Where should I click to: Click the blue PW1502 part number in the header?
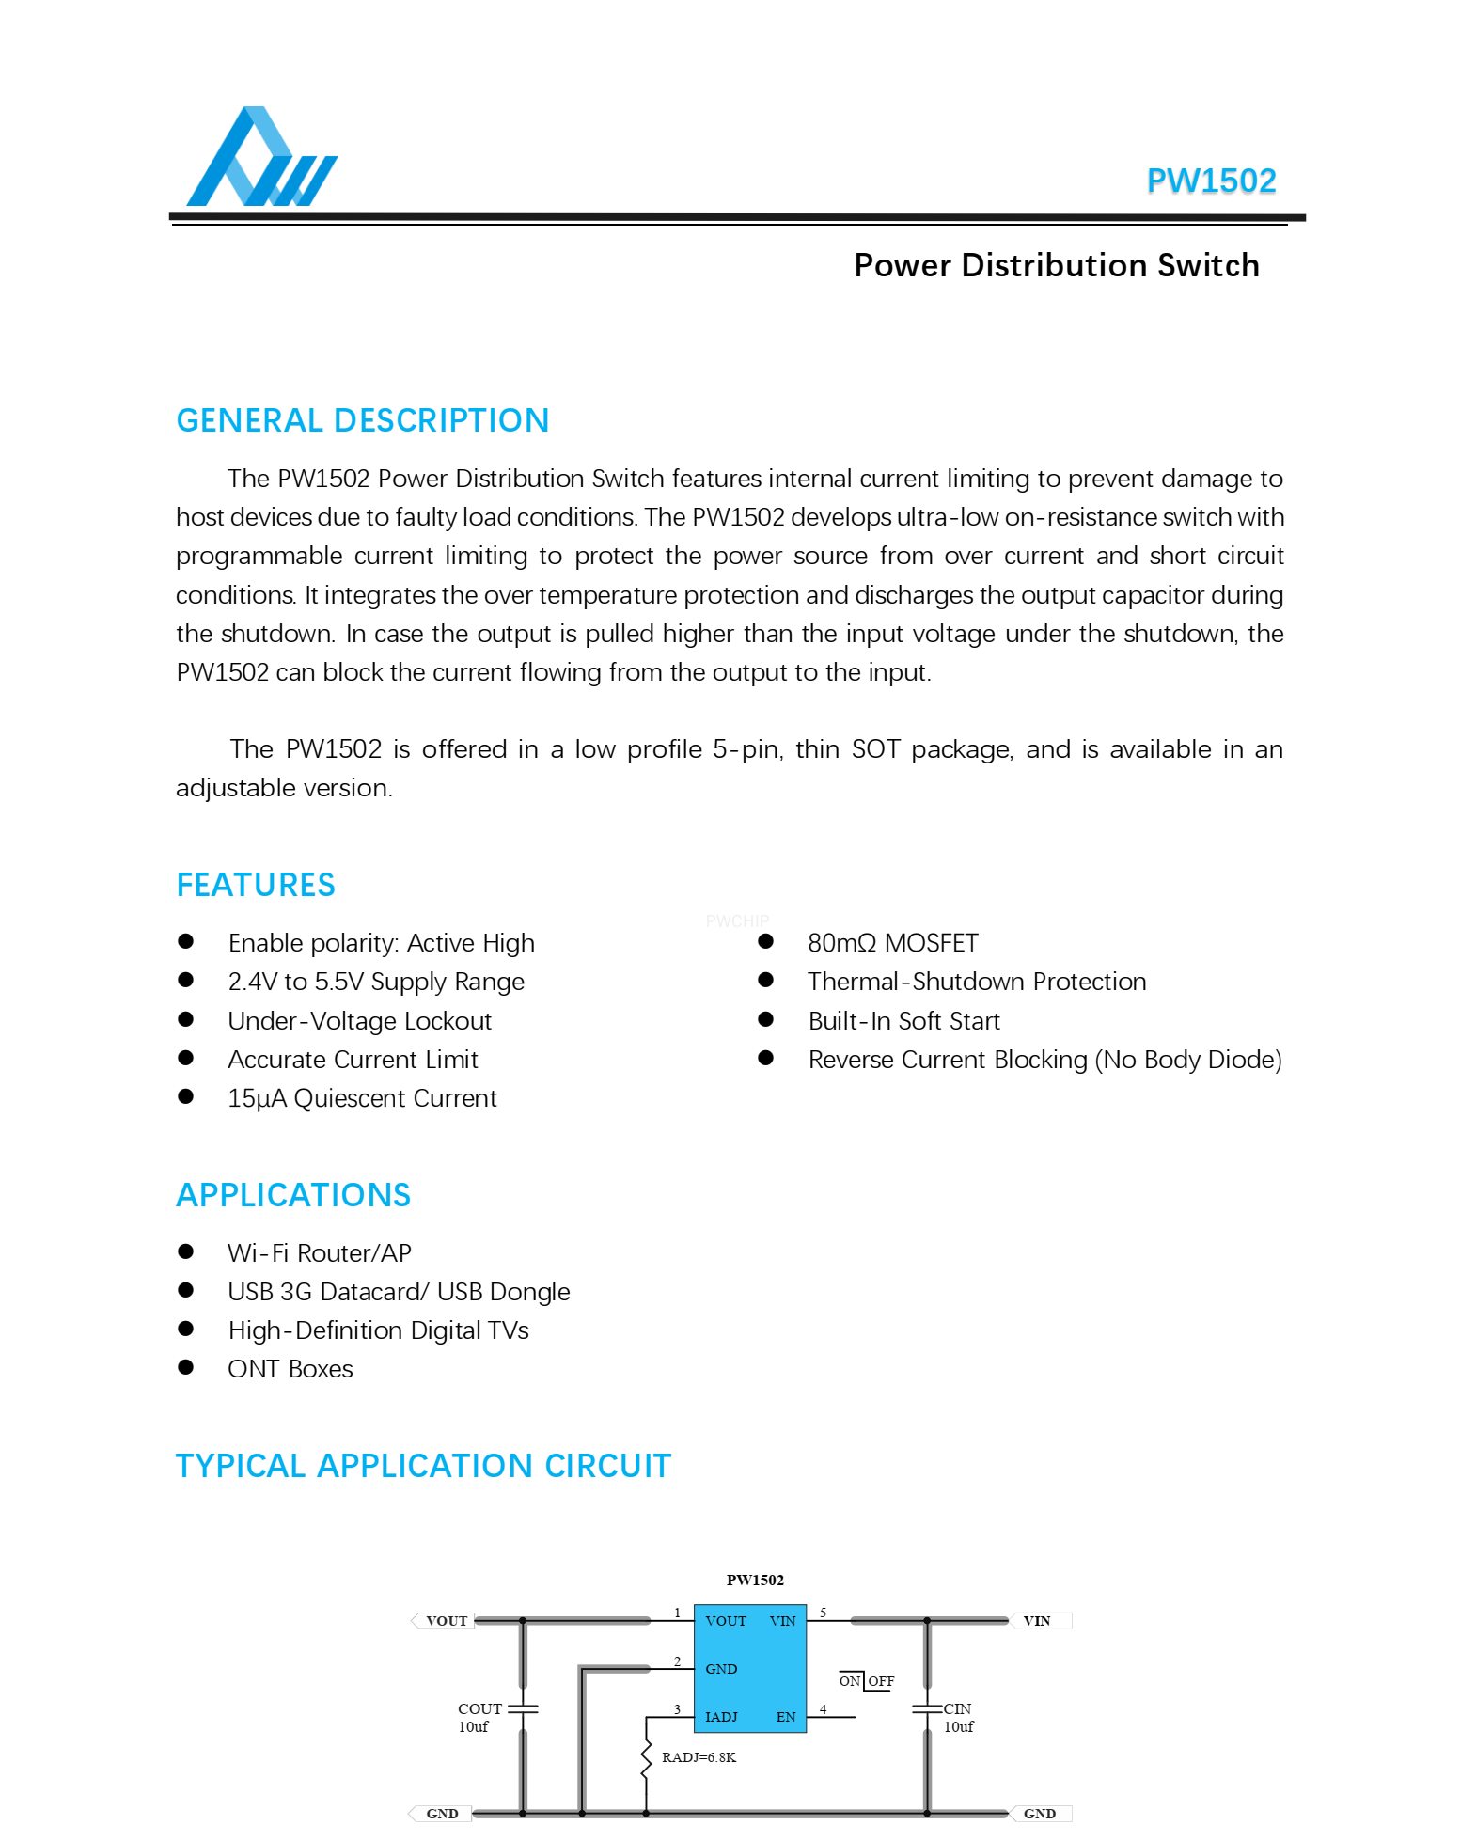[x=1211, y=181]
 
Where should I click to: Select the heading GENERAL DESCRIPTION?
[x=363, y=420]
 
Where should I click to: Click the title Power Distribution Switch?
[x=1056, y=265]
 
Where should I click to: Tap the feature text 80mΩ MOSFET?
[x=892, y=943]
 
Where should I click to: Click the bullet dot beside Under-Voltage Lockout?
[x=186, y=1019]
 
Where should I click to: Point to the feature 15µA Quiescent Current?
[x=362, y=1098]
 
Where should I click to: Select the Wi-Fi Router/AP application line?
[x=320, y=1252]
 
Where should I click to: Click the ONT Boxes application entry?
[x=290, y=1369]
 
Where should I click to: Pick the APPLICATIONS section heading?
[x=293, y=1195]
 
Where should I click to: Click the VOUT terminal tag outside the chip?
[x=446, y=1621]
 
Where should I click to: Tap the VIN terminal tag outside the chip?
[x=1037, y=1621]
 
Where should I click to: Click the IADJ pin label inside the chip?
[x=721, y=1717]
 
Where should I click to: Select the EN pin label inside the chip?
[x=786, y=1717]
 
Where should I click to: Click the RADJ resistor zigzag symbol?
[x=646, y=1758]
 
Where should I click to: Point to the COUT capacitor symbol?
[x=523, y=1708]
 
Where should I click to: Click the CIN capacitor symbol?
[x=927, y=1708]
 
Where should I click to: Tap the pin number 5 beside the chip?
[x=823, y=1613]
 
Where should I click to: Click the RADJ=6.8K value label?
[x=699, y=1757]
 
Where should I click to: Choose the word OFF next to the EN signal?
[x=881, y=1681]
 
